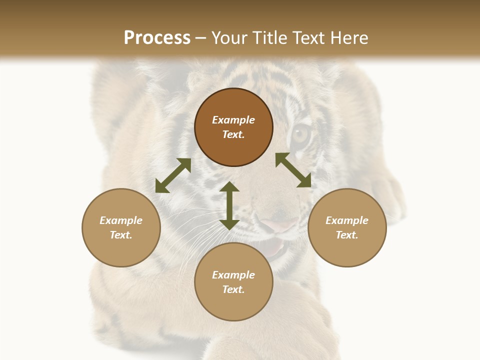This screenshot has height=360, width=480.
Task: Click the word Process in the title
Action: (157, 38)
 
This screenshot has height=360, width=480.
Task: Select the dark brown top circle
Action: (233, 127)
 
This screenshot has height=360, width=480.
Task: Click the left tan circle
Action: (121, 227)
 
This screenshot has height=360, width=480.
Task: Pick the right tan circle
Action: (347, 227)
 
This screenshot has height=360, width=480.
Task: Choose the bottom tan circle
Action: (233, 282)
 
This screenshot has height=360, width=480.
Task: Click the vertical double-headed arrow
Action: (229, 206)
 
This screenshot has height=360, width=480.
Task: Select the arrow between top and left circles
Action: (173, 175)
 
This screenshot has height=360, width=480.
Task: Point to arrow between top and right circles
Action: (293, 170)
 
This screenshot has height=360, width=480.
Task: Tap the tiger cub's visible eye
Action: (300, 134)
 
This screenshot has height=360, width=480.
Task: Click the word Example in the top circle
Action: (233, 120)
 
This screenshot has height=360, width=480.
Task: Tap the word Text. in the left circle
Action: (121, 235)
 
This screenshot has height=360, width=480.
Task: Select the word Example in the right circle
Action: (347, 220)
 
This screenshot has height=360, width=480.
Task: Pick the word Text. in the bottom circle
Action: (233, 289)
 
